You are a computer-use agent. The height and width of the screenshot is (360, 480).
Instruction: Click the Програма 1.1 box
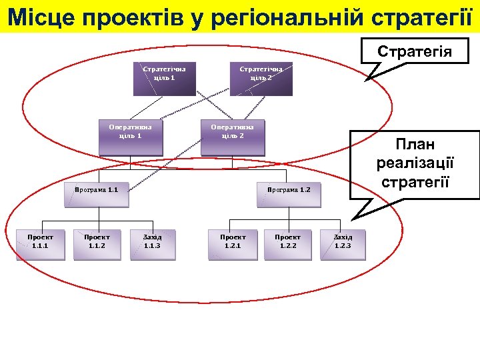pos(98,190)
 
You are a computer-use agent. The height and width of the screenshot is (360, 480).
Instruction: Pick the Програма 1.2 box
pos(289,190)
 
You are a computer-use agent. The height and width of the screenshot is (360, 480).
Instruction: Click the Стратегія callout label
pos(414,51)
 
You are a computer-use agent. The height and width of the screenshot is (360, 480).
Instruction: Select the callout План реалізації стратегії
pos(414,163)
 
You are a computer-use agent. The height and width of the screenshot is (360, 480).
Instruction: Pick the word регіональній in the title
pos(294,16)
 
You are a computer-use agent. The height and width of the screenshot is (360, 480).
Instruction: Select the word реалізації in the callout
pos(414,163)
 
